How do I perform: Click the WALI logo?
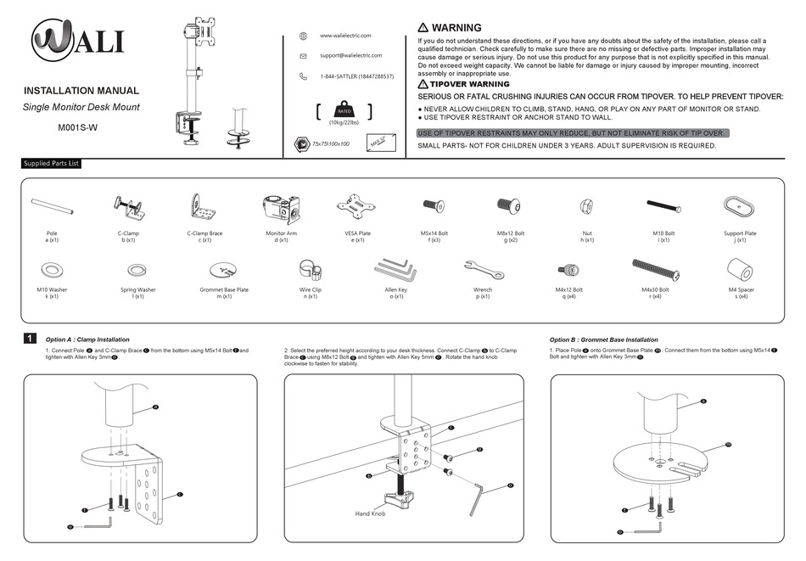pyautogui.click(x=77, y=41)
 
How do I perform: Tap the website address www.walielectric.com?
pyautogui.click(x=345, y=36)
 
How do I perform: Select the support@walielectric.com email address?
pyautogui.click(x=352, y=56)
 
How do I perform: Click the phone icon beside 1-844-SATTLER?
pyautogui.click(x=303, y=76)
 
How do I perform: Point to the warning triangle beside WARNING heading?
pyautogui.click(x=423, y=28)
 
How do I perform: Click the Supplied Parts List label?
pyautogui.click(x=52, y=164)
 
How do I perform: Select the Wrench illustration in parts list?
pyautogui.click(x=484, y=271)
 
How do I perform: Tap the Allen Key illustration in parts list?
pyautogui.click(x=395, y=272)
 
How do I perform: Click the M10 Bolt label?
pyautogui.click(x=663, y=233)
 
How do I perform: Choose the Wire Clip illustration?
pyautogui.click(x=311, y=272)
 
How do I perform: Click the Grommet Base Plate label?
pyautogui.click(x=224, y=290)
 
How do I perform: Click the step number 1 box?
pyautogui.click(x=30, y=339)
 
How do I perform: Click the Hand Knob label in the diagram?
pyautogui.click(x=370, y=513)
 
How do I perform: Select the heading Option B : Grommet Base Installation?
pyautogui.click(x=603, y=339)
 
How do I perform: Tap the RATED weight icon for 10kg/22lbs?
pyautogui.click(x=344, y=112)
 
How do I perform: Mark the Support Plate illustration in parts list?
pyautogui.click(x=740, y=205)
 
